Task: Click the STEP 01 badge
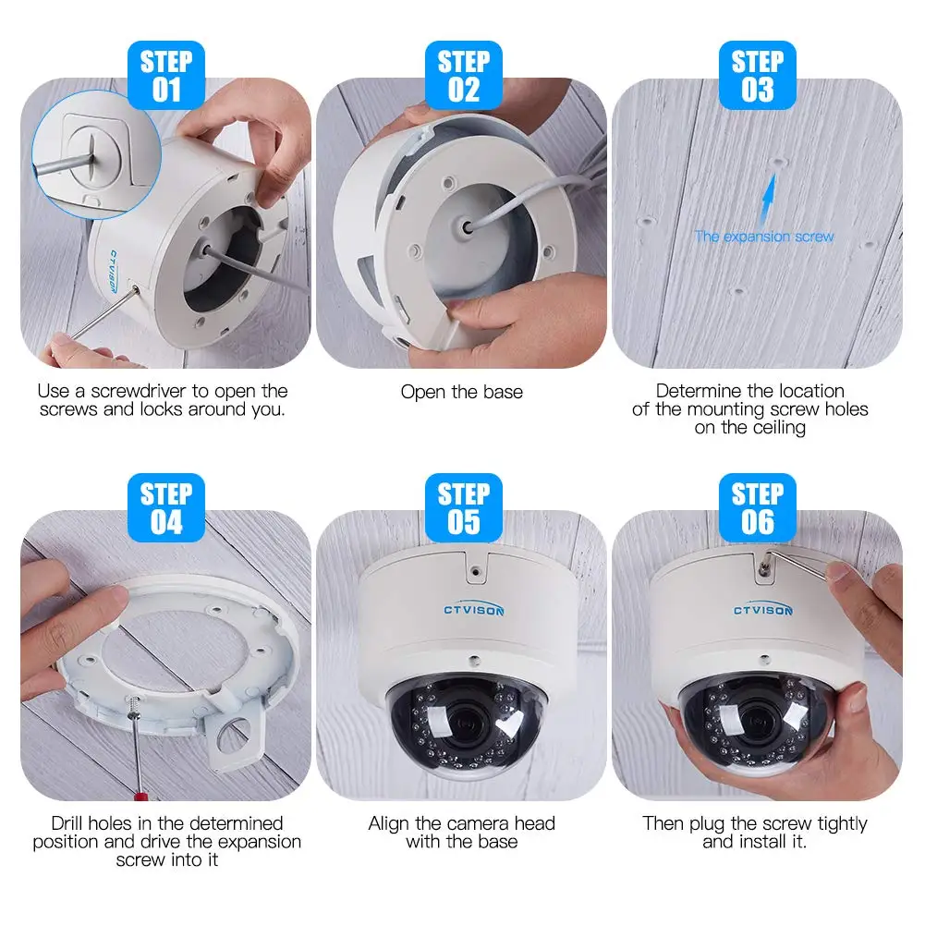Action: tap(166, 76)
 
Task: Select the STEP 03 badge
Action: tap(757, 76)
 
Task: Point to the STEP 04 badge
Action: tap(166, 507)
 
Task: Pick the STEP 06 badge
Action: tap(757, 507)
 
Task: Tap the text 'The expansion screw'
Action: tap(764, 237)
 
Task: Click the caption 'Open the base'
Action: tap(461, 392)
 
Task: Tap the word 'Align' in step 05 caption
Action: tap(388, 823)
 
